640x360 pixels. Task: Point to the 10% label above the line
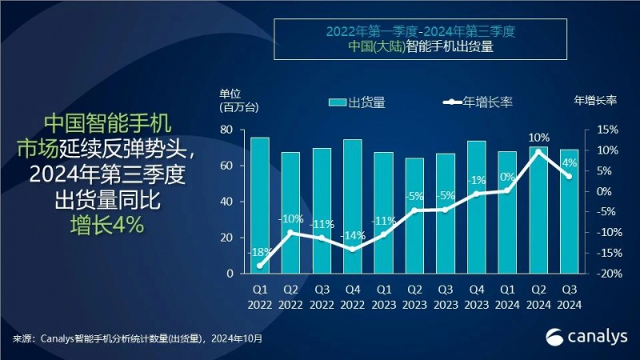[539, 138]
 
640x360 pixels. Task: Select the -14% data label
[352, 235]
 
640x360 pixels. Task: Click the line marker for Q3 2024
[569, 176]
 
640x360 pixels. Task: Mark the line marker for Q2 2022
[290, 233]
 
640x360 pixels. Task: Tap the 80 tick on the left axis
[226, 130]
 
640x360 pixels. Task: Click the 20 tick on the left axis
[226, 238]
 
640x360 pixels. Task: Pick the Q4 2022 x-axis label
[353, 297]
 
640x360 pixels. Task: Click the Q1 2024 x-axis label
[507, 297]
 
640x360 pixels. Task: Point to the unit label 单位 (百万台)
[232, 99]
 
